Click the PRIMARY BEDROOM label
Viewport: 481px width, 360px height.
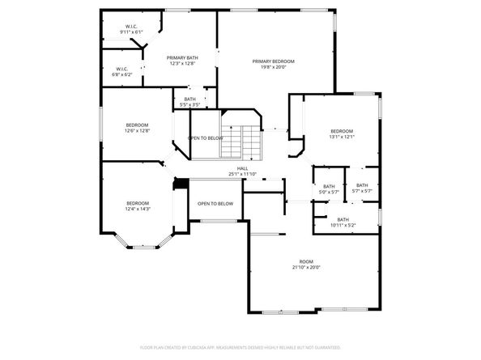click(x=273, y=61)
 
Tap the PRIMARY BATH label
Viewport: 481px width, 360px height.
click(x=182, y=57)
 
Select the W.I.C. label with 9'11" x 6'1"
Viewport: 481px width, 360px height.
click(x=130, y=27)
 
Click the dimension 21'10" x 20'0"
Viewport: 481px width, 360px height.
click(x=306, y=267)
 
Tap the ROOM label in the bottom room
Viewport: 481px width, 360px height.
click(x=306, y=261)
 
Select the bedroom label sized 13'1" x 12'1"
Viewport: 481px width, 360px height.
click(x=341, y=131)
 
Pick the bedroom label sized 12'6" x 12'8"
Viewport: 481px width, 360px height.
click(x=137, y=125)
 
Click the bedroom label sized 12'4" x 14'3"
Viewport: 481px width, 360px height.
click(x=138, y=203)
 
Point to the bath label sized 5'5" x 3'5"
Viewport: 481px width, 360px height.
click(x=189, y=100)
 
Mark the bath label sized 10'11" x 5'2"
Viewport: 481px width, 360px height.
click(x=343, y=219)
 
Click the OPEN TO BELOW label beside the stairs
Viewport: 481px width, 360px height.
click(x=206, y=138)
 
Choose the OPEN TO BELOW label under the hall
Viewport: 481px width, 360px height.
click(x=215, y=204)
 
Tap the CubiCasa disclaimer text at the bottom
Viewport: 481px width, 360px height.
click(x=240, y=346)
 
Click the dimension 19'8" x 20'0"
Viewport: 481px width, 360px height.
click(x=273, y=68)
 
